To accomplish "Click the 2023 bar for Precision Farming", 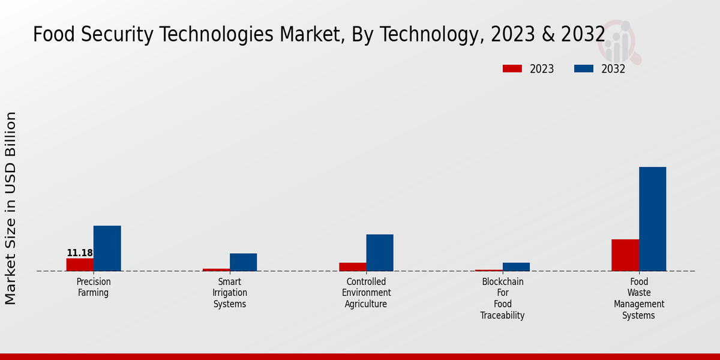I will [x=80, y=265].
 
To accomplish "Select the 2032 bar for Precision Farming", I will [x=107, y=248].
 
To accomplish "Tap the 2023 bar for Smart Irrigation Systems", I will [x=216, y=269].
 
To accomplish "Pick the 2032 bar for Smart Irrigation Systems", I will [x=243, y=262].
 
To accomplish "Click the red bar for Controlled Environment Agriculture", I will [x=352, y=267].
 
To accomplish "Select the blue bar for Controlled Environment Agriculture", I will [x=380, y=253].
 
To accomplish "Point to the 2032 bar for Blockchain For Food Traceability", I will [x=516, y=267].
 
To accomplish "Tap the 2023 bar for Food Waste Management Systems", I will [x=625, y=255].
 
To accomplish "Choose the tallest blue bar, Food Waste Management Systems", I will [x=652, y=219].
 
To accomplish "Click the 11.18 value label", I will [x=80, y=253].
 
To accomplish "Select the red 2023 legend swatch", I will [x=512, y=69].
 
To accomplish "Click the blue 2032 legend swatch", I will [x=583, y=69].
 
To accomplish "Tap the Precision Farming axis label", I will [x=94, y=287].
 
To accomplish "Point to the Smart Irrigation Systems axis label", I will [x=230, y=293].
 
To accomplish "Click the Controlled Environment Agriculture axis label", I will [x=366, y=293].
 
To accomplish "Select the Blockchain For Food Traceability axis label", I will [x=503, y=298].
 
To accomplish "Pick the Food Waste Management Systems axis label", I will [x=639, y=298].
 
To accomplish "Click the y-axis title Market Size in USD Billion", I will [x=11, y=208].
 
